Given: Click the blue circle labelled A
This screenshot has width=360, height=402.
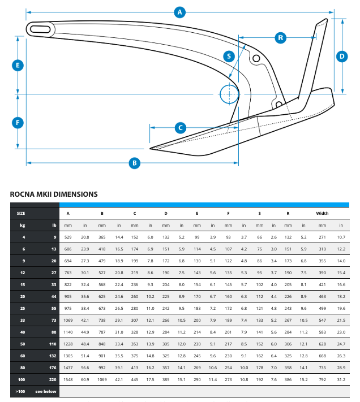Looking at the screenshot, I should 180,12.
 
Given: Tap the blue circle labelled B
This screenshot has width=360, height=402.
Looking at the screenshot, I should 135,163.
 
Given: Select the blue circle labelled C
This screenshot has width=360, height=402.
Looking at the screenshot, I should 181,128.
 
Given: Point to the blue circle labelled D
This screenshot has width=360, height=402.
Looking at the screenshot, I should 342,56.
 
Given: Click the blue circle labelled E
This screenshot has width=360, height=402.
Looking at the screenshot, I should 18,65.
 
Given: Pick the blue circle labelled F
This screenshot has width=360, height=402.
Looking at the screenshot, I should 18,122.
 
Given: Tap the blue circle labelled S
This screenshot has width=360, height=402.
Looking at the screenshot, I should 229,56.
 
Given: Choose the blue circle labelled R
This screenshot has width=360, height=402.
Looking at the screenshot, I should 281,38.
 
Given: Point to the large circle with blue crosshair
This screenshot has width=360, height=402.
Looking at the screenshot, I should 228,94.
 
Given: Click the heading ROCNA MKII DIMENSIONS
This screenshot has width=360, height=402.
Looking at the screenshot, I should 54,194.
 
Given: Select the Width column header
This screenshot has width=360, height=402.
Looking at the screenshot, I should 322,213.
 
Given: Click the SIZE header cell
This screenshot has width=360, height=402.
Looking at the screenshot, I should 21,213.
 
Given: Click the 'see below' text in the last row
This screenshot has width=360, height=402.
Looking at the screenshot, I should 46,391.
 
